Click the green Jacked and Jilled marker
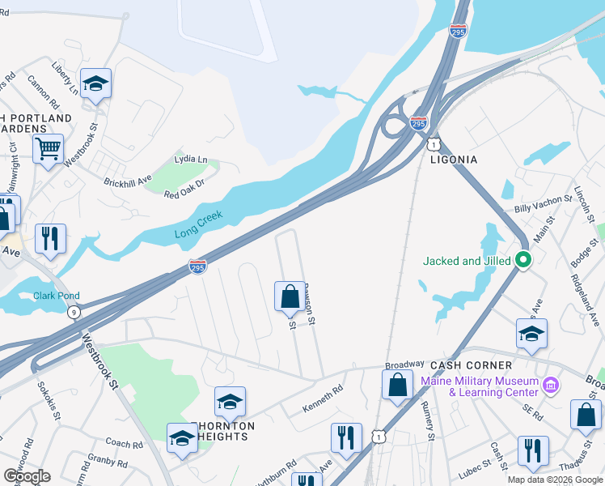point(522,261)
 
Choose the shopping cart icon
point(48,148)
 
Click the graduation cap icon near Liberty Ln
point(95,83)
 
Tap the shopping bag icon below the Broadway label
point(397,384)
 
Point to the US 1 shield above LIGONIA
point(434,144)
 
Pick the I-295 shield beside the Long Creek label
point(197,265)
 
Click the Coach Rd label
point(124,443)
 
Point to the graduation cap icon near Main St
point(532,333)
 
